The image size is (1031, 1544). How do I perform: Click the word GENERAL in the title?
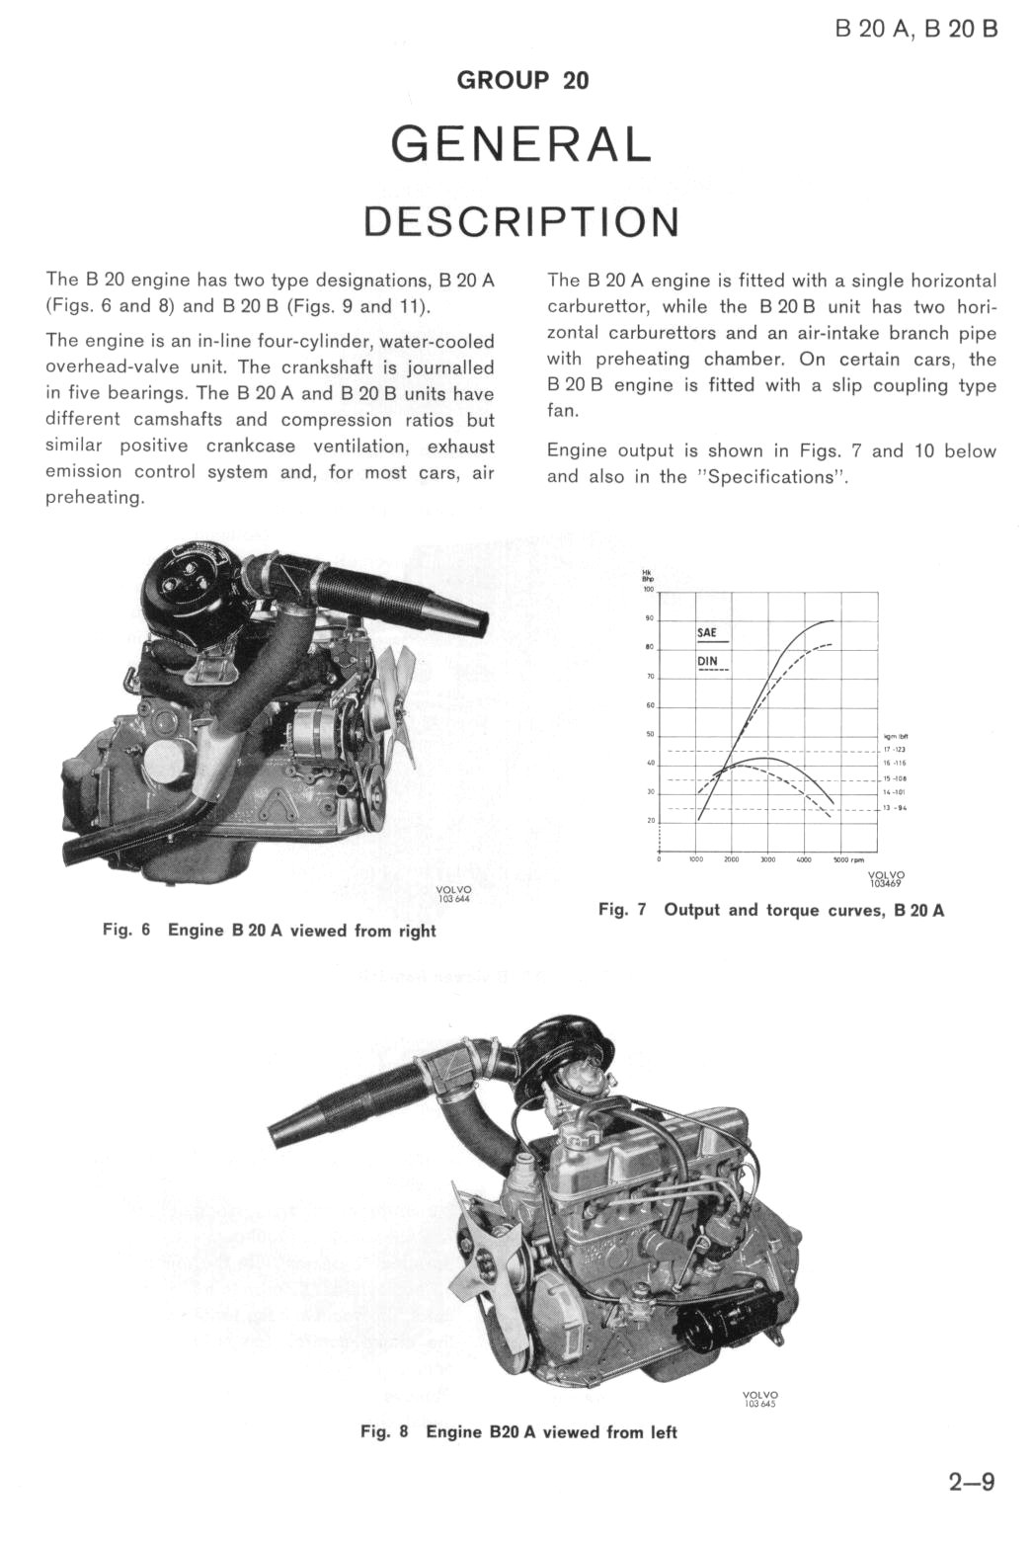[521, 145]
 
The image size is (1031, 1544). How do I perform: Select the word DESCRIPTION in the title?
[521, 222]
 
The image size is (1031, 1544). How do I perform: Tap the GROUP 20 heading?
[522, 80]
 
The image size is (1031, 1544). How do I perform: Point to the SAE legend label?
[707, 631]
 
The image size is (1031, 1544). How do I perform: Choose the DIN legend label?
[707, 660]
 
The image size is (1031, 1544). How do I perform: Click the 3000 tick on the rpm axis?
[767, 860]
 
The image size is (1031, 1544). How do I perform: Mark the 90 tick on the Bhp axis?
[650, 619]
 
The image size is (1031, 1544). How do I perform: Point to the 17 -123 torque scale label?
[896, 750]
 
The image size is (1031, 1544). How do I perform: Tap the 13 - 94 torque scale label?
[896, 808]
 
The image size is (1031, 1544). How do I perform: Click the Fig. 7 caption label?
[621, 910]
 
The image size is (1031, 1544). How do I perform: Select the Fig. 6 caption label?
[125, 931]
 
